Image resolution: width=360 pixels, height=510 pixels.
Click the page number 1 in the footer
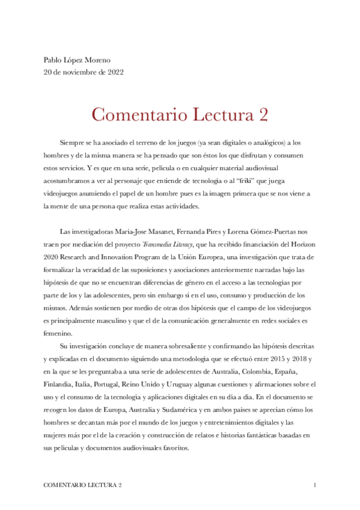click(315, 484)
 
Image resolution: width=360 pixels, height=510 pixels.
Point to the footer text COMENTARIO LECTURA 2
click(83, 484)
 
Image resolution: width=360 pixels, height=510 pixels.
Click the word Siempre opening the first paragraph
click(73, 143)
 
